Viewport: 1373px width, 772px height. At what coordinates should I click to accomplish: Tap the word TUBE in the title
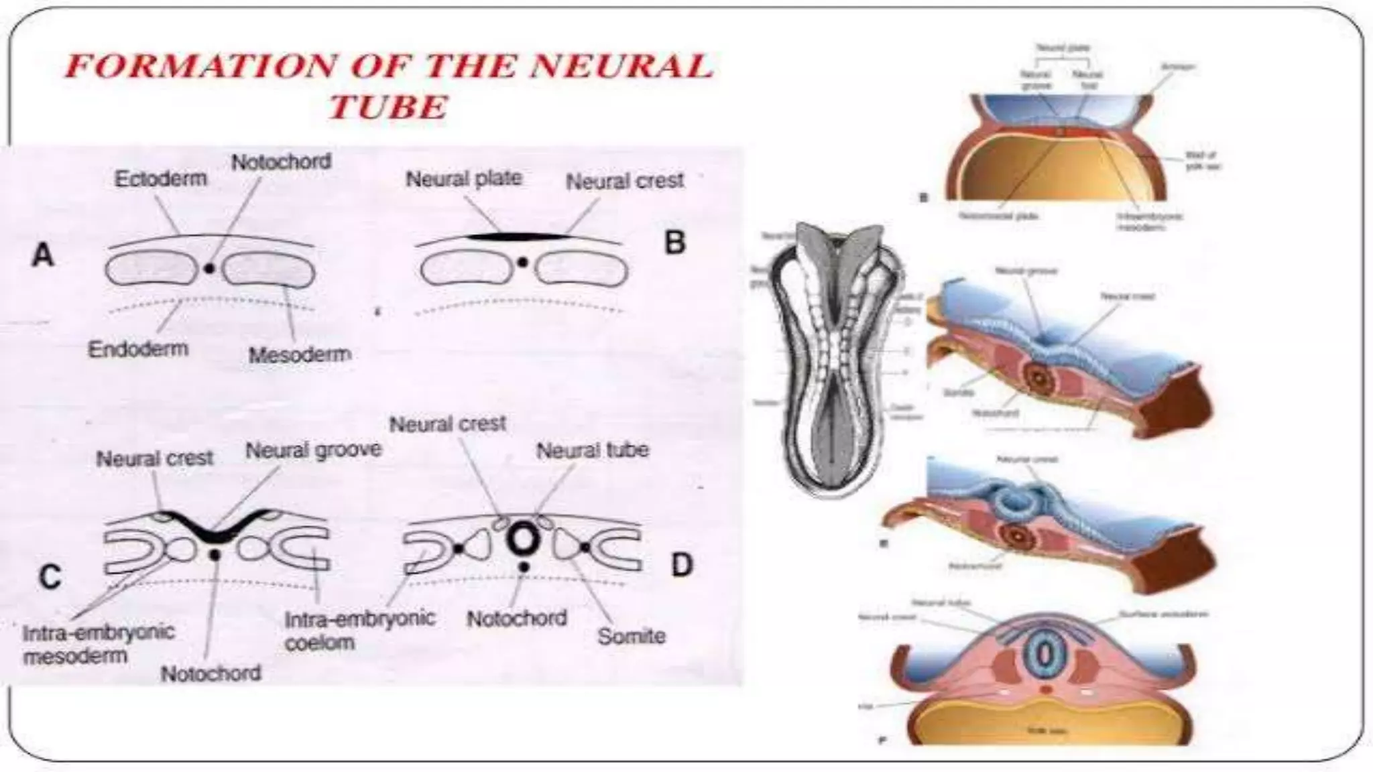tap(388, 107)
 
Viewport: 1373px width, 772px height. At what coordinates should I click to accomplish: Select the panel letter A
tap(43, 255)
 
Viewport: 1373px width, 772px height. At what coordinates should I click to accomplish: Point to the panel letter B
tap(675, 243)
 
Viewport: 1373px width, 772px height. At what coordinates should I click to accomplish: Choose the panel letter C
tap(50, 577)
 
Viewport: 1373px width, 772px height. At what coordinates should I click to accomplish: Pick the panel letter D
tap(681, 565)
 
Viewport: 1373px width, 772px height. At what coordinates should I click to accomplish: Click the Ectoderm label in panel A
tap(161, 179)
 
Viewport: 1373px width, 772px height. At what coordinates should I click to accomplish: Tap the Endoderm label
tap(138, 348)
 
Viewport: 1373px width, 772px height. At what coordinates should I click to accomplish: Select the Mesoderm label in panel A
tap(300, 355)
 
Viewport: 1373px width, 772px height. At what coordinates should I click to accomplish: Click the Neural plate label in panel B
tap(464, 179)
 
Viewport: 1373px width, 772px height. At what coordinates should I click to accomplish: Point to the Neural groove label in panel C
tap(314, 450)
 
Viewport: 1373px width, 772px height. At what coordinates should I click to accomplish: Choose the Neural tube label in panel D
tap(593, 450)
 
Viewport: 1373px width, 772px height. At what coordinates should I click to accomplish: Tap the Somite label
tap(632, 635)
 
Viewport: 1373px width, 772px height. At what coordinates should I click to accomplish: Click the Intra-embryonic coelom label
tap(360, 630)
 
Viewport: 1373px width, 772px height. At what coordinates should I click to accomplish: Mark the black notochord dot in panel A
tap(210, 268)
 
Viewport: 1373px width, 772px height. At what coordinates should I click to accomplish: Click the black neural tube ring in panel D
tap(523, 537)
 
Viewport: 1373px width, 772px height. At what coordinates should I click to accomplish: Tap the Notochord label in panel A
tap(282, 162)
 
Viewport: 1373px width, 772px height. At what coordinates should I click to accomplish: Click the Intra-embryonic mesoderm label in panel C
tap(98, 643)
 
